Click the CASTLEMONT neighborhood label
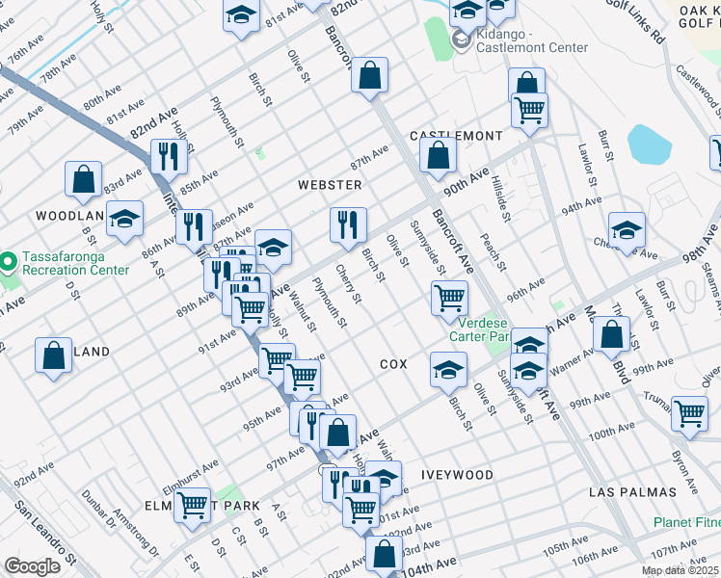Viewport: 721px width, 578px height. (x=456, y=136)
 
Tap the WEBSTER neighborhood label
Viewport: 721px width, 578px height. (x=329, y=185)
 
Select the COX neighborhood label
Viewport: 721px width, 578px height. (x=393, y=364)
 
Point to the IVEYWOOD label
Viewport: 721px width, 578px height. (x=457, y=475)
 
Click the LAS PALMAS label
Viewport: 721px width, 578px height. (x=632, y=492)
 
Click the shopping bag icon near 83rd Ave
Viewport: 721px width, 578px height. (x=84, y=178)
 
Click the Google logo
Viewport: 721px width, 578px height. (x=32, y=566)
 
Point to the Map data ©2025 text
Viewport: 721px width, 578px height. (x=680, y=571)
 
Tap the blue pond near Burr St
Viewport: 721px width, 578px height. (x=649, y=144)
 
